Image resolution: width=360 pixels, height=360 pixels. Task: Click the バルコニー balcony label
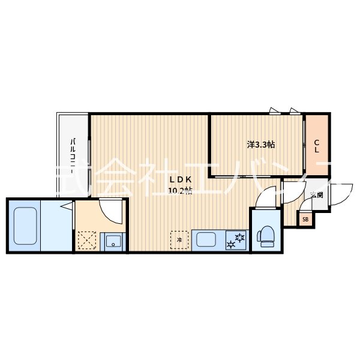click(73, 155)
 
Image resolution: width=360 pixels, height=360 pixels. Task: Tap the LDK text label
click(179, 180)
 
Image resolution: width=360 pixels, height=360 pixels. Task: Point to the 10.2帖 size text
click(179, 191)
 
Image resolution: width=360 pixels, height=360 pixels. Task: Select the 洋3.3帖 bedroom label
click(261, 145)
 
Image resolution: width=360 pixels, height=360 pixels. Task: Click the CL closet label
click(317, 146)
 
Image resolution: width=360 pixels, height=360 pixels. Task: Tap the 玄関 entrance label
click(317, 195)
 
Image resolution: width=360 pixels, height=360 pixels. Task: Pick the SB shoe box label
click(305, 220)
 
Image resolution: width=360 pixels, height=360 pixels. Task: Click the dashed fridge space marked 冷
click(179, 240)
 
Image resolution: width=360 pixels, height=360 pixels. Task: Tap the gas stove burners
click(236, 241)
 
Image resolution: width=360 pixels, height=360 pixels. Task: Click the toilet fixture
click(266, 235)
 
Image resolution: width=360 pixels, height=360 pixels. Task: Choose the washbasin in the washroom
click(113, 242)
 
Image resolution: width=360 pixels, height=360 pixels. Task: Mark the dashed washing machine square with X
click(86, 241)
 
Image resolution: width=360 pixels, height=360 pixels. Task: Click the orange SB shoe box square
click(305, 220)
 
